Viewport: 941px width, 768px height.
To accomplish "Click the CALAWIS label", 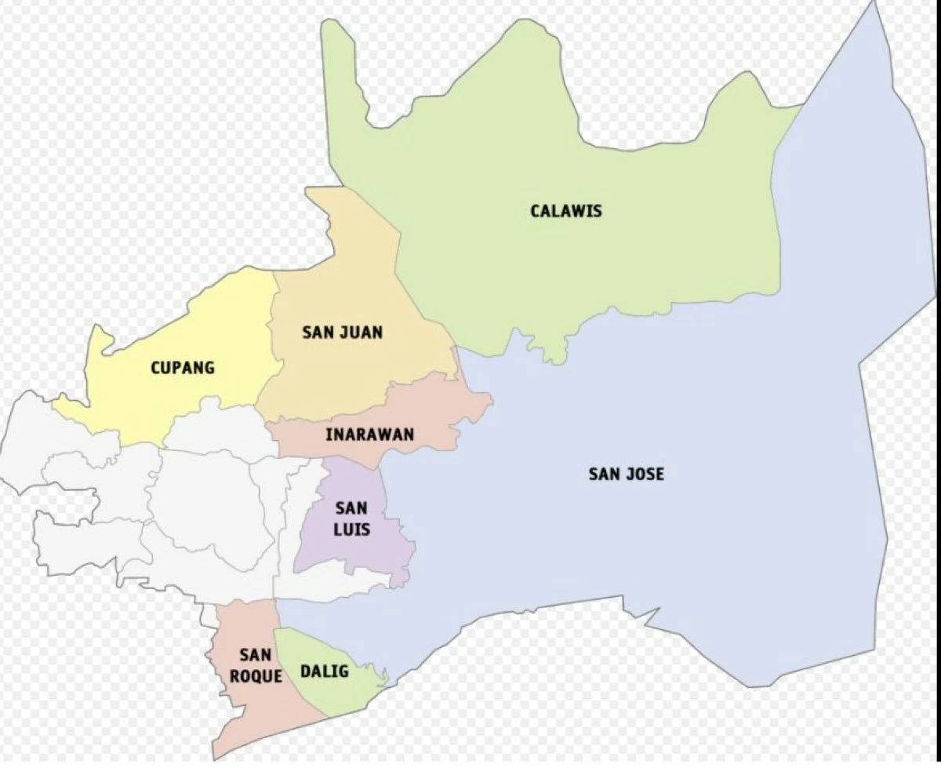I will coord(566,211).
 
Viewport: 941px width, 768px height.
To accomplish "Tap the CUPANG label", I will coord(183,367).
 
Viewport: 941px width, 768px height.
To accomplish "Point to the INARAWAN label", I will coord(370,434).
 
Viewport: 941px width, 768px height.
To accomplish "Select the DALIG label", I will coord(325,672).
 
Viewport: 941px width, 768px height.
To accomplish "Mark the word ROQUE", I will coord(256,676).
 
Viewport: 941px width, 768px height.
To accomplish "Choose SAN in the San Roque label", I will coord(256,654).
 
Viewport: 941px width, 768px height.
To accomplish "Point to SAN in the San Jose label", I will coord(605,474).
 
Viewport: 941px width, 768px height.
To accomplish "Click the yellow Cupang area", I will coord(204,329).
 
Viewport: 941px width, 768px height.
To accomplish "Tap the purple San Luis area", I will coord(345,557).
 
